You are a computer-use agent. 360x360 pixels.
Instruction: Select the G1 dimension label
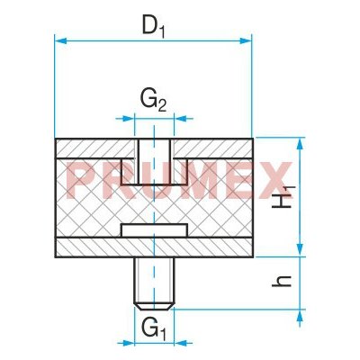pyautogui.click(x=153, y=328)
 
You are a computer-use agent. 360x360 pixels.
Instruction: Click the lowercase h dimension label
pyautogui.click(x=283, y=283)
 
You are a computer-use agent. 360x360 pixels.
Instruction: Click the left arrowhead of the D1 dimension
pyautogui.click(x=59, y=39)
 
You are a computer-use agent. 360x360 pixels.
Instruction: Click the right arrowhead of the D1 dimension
pyautogui.click(x=247, y=39)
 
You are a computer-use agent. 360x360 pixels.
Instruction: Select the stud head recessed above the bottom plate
pyautogui.click(x=153, y=232)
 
